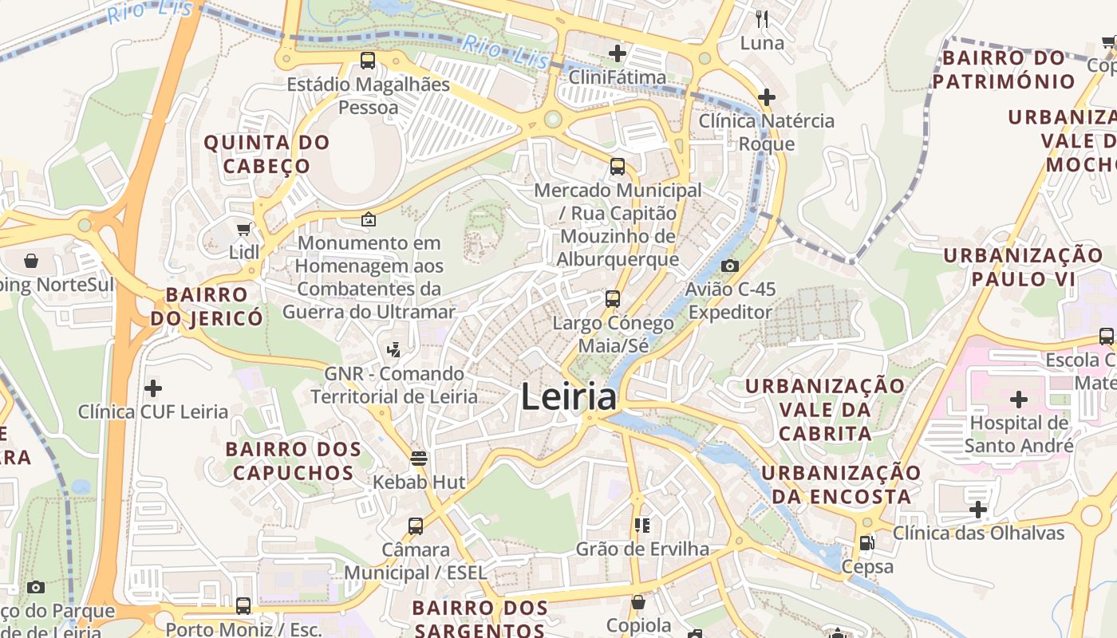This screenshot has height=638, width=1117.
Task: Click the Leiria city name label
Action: tap(569, 397)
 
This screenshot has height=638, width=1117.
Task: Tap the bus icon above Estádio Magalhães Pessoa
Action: tap(368, 61)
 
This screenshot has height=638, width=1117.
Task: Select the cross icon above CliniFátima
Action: tap(618, 53)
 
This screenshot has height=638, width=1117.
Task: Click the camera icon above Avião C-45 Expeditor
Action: tap(729, 266)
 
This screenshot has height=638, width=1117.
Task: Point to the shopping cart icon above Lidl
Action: tap(243, 229)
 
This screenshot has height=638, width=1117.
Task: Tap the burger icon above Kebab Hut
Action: tap(419, 458)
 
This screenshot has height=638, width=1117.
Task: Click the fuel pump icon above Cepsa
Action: tap(866, 543)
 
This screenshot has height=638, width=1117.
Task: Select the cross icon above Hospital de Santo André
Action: tap(1018, 399)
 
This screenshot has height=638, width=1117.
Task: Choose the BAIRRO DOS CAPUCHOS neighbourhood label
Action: tap(294, 461)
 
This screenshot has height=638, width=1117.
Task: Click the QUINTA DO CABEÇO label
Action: tap(266, 154)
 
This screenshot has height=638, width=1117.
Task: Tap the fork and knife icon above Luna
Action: tap(762, 18)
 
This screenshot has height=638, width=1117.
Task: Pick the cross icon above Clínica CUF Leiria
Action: tap(152, 388)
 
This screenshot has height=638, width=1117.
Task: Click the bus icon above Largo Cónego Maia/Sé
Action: tap(613, 299)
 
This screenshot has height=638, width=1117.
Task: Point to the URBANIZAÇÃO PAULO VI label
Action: tap(1024, 267)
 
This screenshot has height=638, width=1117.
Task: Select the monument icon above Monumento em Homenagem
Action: tap(369, 219)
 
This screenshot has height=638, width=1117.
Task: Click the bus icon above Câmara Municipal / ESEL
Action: tap(416, 526)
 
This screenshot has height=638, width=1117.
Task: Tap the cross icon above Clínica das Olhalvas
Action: tap(978, 509)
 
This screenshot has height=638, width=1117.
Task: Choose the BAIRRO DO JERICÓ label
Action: tap(207, 306)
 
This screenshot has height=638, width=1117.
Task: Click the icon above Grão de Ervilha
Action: tap(641, 525)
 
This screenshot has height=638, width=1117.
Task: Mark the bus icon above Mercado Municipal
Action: tap(618, 167)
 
